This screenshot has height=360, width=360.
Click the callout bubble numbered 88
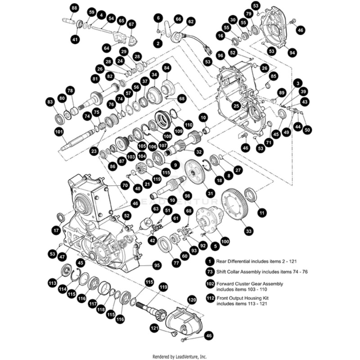(74, 9)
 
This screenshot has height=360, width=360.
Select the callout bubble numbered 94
(293, 53)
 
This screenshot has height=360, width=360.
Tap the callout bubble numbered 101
(58, 132)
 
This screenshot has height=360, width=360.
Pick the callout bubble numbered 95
(157, 265)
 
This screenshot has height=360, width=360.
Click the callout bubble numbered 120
(192, 300)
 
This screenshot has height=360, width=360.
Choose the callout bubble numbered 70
(125, 185)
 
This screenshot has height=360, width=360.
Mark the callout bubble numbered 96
(220, 55)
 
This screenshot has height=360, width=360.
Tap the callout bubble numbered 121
(155, 329)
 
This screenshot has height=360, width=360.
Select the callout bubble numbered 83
(50, 102)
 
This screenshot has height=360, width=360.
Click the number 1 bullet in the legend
(209, 261)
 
